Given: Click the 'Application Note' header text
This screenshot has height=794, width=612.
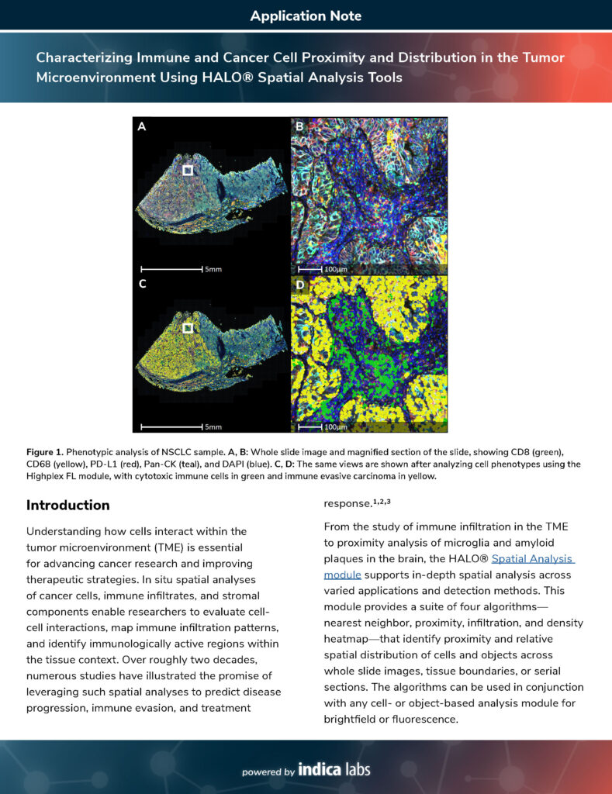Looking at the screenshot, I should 306,16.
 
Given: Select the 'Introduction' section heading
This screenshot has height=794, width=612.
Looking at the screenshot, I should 68,506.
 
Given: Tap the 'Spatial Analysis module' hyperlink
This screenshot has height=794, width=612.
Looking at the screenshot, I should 448,566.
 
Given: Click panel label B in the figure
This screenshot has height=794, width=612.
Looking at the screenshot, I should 299,126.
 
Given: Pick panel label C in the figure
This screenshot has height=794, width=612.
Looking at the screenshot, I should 141,284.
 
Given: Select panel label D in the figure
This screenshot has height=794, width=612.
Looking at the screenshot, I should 299,284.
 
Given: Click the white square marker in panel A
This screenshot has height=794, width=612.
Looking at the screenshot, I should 187,170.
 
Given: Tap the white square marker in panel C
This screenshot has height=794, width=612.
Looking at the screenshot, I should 187,328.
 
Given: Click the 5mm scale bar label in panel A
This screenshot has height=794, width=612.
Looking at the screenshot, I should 213,269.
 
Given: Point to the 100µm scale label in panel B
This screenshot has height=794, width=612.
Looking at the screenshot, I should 335,269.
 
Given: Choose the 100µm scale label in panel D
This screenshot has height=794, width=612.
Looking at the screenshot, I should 335,427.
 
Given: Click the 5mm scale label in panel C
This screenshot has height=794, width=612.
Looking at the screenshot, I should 213,427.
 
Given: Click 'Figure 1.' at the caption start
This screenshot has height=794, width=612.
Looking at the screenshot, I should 44,451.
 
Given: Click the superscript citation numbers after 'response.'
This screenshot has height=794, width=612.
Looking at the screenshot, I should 383,502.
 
